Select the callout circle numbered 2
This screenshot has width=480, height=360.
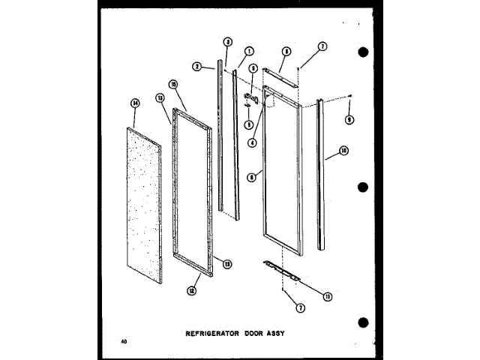click(x=197, y=66)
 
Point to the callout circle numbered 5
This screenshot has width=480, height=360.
click(x=253, y=69)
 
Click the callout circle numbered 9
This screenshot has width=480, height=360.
click(x=349, y=119)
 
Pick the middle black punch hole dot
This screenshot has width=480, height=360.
click(x=364, y=187)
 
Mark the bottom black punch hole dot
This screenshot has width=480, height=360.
click(x=364, y=322)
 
